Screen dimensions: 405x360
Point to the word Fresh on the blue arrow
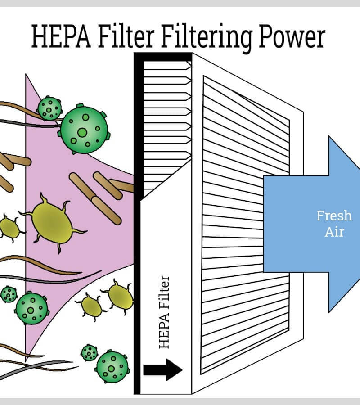(x=334, y=216)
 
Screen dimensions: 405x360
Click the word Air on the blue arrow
(x=334, y=232)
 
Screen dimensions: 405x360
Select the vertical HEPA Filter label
(x=165, y=313)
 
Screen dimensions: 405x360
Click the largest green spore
(x=84, y=130)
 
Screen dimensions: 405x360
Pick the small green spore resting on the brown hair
(x=49, y=108)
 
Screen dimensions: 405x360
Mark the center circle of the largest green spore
(x=82, y=132)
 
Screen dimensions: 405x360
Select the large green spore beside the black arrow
(x=112, y=366)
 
